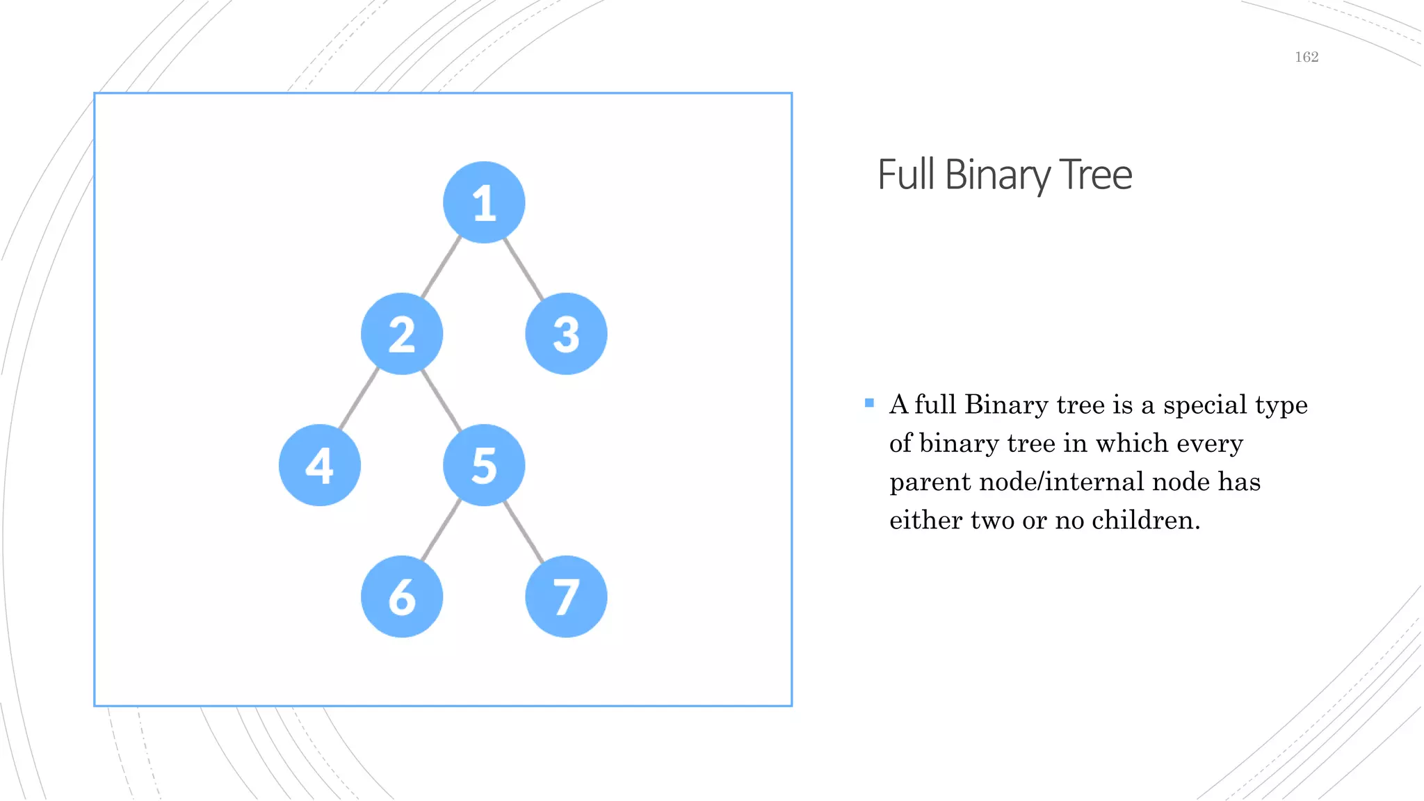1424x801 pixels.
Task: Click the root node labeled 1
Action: [484, 202]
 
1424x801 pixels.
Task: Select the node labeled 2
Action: [402, 334]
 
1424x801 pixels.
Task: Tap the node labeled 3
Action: [566, 334]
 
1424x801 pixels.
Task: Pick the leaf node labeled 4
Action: [320, 465]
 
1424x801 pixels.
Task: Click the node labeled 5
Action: [484, 465]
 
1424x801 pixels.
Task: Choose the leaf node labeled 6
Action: [402, 597]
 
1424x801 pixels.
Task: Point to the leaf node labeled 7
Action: [566, 597]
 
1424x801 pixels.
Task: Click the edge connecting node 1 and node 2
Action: [442, 268]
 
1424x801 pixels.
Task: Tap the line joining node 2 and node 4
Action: [359, 399]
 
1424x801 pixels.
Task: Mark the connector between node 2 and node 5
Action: [442, 400]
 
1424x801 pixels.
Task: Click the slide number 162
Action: [1306, 57]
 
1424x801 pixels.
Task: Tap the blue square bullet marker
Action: [869, 403]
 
